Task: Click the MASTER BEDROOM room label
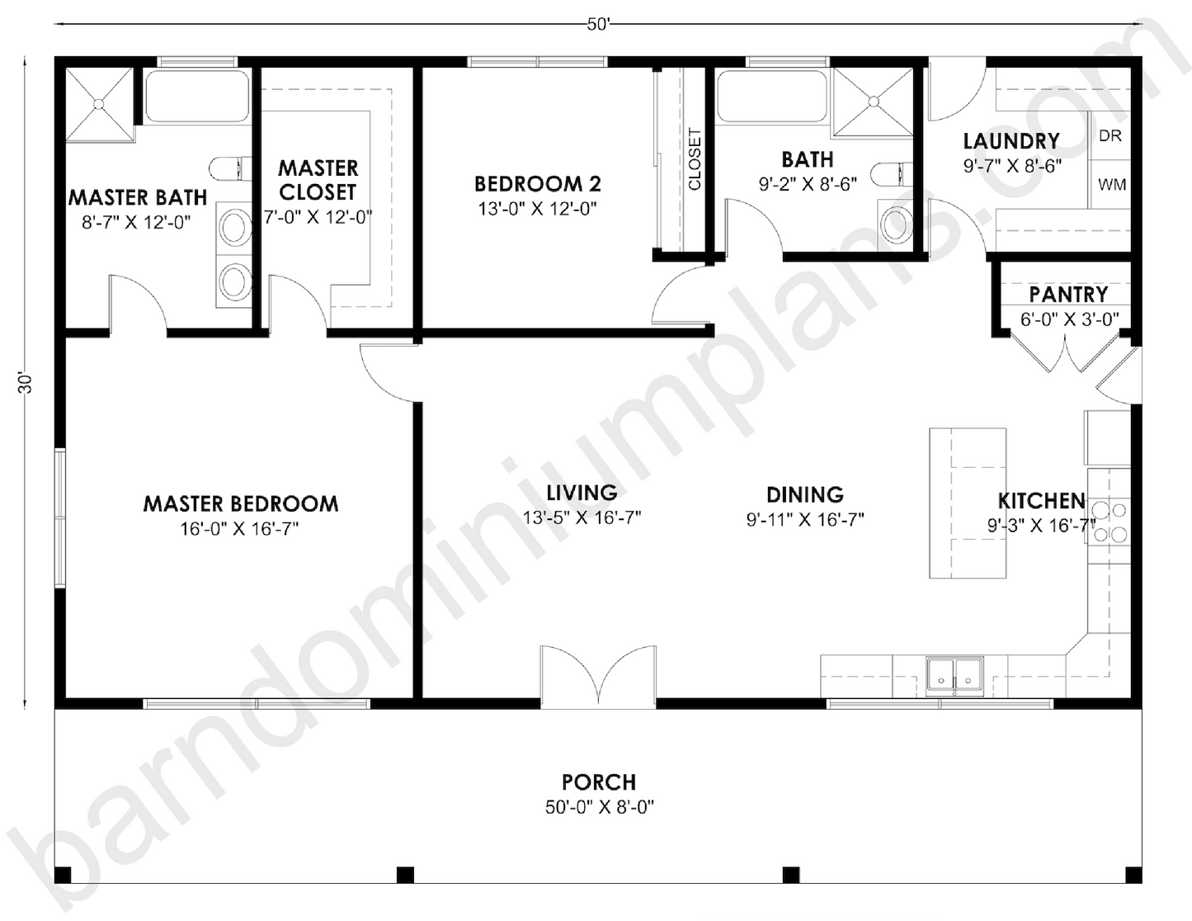pyautogui.click(x=240, y=503)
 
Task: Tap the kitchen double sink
pyautogui.click(x=954, y=673)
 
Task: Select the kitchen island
pyautogui.click(x=968, y=503)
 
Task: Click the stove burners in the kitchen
pyautogui.click(x=1109, y=522)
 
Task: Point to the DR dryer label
pyautogui.click(x=1110, y=135)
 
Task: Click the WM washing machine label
pyautogui.click(x=1111, y=185)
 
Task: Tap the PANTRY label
pyautogui.click(x=1068, y=295)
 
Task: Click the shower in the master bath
pyautogui.click(x=98, y=105)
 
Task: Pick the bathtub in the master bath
pyautogui.click(x=196, y=97)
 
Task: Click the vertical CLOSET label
pyautogui.click(x=694, y=159)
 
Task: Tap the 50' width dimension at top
pyautogui.click(x=598, y=25)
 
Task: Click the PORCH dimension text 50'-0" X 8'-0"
pyautogui.click(x=599, y=807)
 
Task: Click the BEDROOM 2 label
pyautogui.click(x=537, y=183)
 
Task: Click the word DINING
pyautogui.click(x=804, y=494)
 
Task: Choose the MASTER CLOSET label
pyautogui.click(x=318, y=180)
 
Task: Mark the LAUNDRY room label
pyautogui.click(x=1011, y=141)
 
